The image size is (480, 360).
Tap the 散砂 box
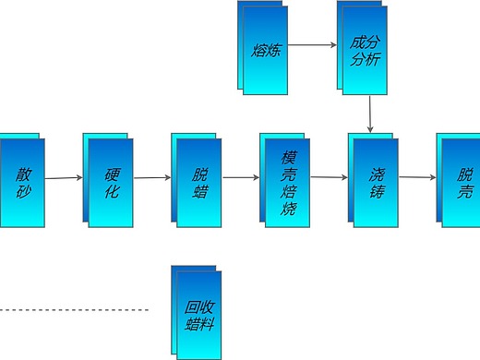pos(22,181)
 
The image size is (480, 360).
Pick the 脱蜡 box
pos(196,181)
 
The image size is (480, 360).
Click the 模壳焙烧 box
pos(286,181)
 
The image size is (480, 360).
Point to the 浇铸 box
pos(375,181)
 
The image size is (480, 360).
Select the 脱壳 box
pos(462,181)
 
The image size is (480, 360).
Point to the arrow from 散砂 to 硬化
pos(63,178)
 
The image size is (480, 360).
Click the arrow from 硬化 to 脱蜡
pos(150,176)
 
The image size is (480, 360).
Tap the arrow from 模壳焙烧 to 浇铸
pos(330,176)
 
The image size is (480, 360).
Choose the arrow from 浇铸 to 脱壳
pos(417,177)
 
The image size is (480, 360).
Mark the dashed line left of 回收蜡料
pos(74,309)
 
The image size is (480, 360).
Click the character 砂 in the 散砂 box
pos(22,191)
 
